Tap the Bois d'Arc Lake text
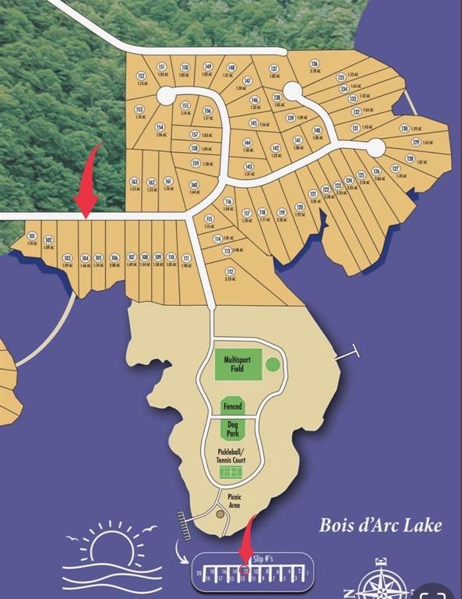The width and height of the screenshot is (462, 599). tap(380, 525)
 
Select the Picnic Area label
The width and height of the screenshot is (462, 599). tap(234, 500)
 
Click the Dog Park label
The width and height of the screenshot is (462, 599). tap(232, 430)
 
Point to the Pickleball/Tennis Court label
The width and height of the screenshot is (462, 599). tap(231, 456)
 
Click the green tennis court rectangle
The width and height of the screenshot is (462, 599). tap(231, 473)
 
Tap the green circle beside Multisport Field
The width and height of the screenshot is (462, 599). tap(272, 364)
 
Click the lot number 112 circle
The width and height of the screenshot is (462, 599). tap(229, 271)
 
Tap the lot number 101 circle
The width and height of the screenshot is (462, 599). tap(32, 236)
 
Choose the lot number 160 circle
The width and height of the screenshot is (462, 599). tap(194, 185)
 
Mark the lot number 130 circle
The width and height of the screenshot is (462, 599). tap(404, 128)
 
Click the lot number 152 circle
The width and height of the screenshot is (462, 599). tap(141, 76)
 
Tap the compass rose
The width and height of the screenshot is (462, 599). tap(381, 582)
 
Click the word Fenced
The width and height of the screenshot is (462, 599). tap(232, 406)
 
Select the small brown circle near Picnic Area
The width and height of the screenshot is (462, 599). tap(220, 514)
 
